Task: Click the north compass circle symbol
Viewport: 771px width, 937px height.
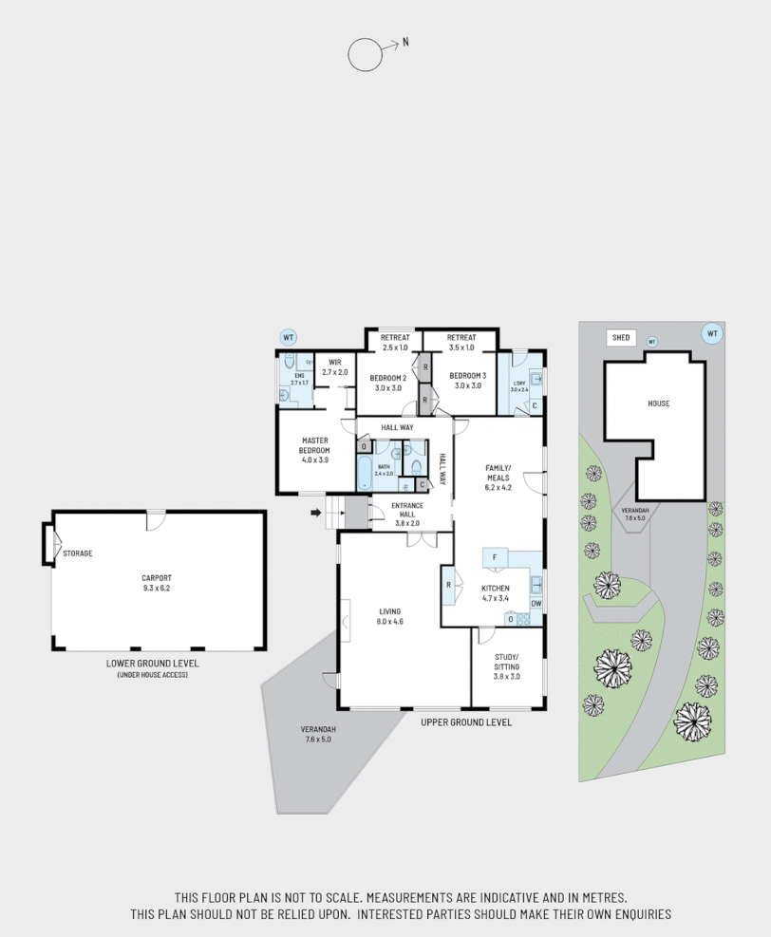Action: click(364, 55)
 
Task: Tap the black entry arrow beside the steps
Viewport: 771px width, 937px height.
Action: click(316, 515)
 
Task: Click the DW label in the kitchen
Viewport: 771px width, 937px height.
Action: click(536, 604)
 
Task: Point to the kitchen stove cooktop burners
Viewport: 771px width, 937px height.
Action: click(523, 619)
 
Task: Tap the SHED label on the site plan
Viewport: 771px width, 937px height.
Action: click(621, 337)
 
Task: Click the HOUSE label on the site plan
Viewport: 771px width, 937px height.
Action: click(658, 403)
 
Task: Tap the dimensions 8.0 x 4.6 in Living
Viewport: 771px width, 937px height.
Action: click(390, 623)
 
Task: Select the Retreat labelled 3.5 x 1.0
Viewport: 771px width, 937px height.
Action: click(461, 343)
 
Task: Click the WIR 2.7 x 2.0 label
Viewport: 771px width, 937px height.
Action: click(334, 367)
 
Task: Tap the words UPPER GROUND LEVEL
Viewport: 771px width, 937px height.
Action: click(466, 722)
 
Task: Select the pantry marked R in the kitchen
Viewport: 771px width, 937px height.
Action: click(448, 585)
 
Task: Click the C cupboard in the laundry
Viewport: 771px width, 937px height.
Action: click(535, 406)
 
